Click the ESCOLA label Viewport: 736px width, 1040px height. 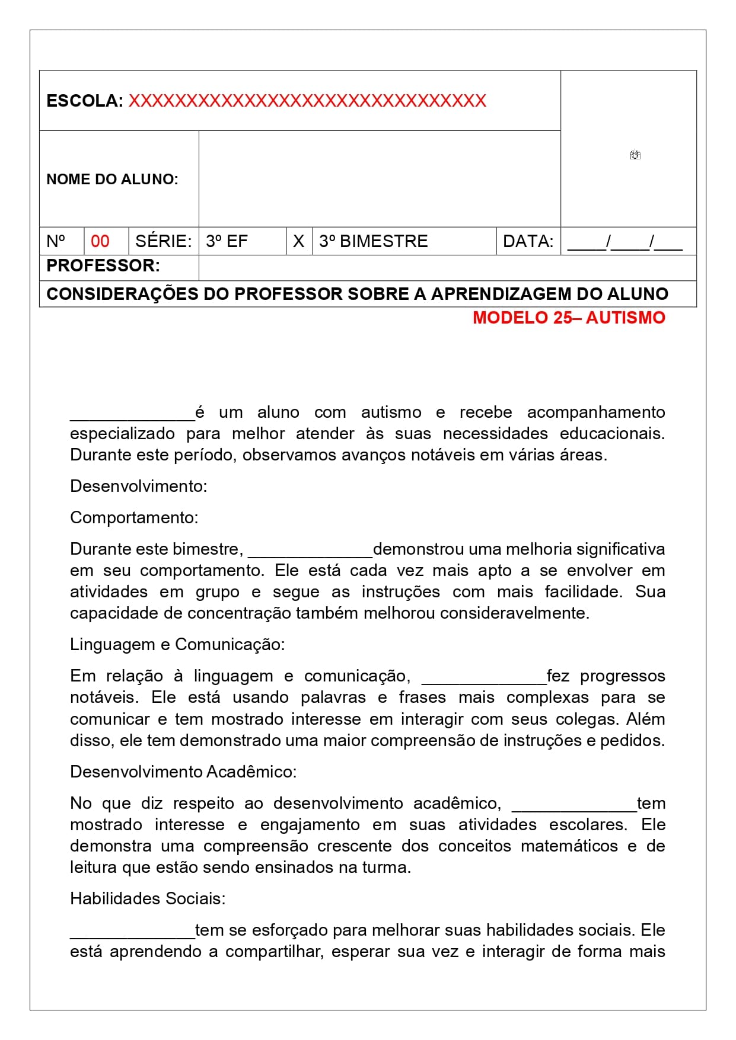coord(84,101)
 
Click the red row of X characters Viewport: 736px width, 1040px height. coord(307,101)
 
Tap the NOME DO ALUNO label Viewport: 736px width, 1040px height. coord(112,179)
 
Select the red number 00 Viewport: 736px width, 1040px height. coord(100,241)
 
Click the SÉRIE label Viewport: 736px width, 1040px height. coord(163,241)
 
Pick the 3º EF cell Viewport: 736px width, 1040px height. coord(227,241)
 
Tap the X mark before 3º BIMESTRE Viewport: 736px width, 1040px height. coord(298,241)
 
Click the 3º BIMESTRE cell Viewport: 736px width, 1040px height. coord(373,241)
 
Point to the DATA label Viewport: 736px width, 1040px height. coord(528,241)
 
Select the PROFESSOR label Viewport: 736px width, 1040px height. coord(103,265)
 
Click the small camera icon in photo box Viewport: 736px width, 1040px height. coord(635,155)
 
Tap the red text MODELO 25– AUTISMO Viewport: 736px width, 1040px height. coord(569,318)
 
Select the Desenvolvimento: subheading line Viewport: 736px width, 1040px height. coord(139,486)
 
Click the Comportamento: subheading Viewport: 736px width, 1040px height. coord(134,517)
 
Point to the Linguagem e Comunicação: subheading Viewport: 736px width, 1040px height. coord(177,644)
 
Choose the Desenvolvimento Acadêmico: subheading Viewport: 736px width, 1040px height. coord(183,772)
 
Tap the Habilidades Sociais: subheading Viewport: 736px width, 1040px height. coord(148,898)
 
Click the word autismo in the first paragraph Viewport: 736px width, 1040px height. coord(391,412)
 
